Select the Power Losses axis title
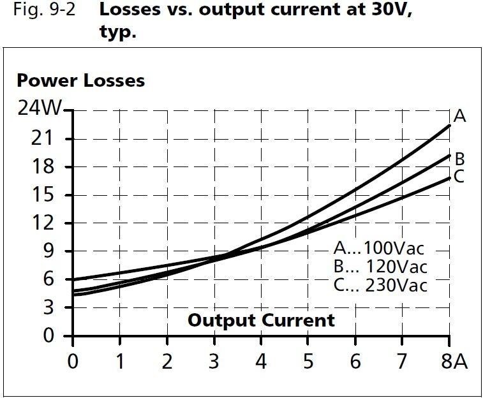[80, 81]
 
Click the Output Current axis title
[261, 320]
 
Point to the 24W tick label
[39, 109]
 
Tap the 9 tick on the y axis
[51, 251]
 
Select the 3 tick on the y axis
[51, 307]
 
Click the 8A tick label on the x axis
[454, 362]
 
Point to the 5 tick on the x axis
[308, 362]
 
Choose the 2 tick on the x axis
[167, 362]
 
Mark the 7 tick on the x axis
[403, 362]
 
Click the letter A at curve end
[459, 116]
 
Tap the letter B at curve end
[459, 159]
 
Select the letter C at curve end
[459, 177]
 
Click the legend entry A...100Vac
[379, 248]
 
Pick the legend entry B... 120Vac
[380, 266]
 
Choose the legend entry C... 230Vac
[380, 284]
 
